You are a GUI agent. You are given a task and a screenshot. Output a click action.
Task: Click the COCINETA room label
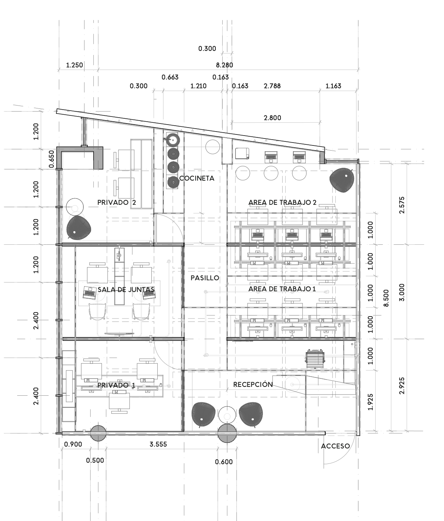pyautogui.click(x=197, y=178)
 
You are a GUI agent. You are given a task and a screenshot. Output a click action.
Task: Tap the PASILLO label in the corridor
pyautogui.click(x=205, y=278)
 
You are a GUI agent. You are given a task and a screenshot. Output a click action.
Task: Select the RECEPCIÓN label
pyautogui.click(x=253, y=384)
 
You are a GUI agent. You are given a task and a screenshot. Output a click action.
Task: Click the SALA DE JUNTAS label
pyautogui.click(x=126, y=289)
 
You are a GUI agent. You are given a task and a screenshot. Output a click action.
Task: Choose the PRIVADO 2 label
pyautogui.click(x=116, y=202)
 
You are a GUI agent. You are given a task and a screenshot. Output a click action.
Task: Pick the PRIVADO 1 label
pyautogui.click(x=116, y=385)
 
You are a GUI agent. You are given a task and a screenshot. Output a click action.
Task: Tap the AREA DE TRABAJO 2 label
pyautogui.click(x=282, y=202)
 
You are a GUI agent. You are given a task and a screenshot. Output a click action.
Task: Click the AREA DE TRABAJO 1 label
pyautogui.click(x=282, y=289)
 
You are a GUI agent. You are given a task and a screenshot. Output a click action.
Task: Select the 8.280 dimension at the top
pyautogui.click(x=225, y=65)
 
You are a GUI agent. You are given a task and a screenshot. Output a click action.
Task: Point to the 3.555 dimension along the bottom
pyautogui.click(x=158, y=444)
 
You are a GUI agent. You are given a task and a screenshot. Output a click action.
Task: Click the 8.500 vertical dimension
pyautogui.click(x=386, y=298)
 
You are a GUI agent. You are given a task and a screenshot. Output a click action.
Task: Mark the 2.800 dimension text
pyautogui.click(x=272, y=118)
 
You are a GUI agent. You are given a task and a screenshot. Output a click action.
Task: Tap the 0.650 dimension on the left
pyautogui.click(x=51, y=159)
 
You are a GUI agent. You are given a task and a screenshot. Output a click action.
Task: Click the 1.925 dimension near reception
pyautogui.click(x=370, y=402)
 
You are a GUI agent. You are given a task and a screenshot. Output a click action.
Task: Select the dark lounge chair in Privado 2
pyautogui.click(x=79, y=228)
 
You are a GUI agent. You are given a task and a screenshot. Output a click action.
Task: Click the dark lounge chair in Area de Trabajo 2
pyautogui.click(x=342, y=180)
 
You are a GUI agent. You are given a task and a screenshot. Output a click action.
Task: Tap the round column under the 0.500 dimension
pyautogui.click(x=98, y=433)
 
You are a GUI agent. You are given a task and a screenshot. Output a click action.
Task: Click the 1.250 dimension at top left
pyautogui.click(x=75, y=65)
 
